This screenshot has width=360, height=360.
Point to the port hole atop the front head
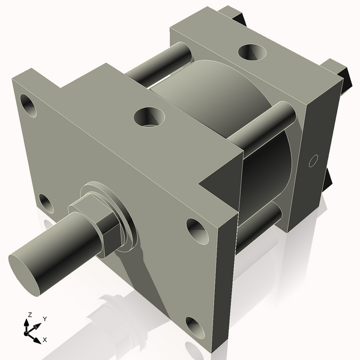[x=148, y=116]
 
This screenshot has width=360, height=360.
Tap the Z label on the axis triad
[x=28, y=314]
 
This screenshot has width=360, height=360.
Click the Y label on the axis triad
[x=44, y=319]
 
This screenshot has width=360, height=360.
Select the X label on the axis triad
[x=45, y=340]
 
